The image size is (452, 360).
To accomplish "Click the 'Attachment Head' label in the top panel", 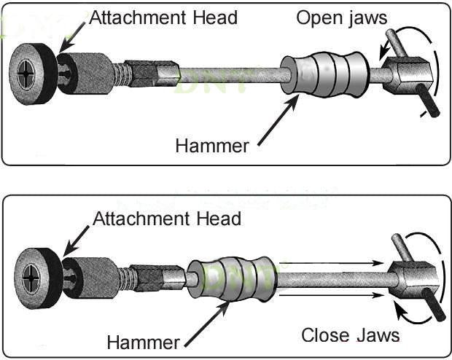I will (x=163, y=17).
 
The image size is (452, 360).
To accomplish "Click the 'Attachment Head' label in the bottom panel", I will (x=167, y=219).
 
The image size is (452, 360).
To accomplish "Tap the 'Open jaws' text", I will (x=341, y=17).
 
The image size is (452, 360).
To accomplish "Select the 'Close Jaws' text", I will (x=351, y=335).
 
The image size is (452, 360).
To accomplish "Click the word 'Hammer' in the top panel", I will (x=212, y=146).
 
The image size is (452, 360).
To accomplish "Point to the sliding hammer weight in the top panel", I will (x=325, y=75).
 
